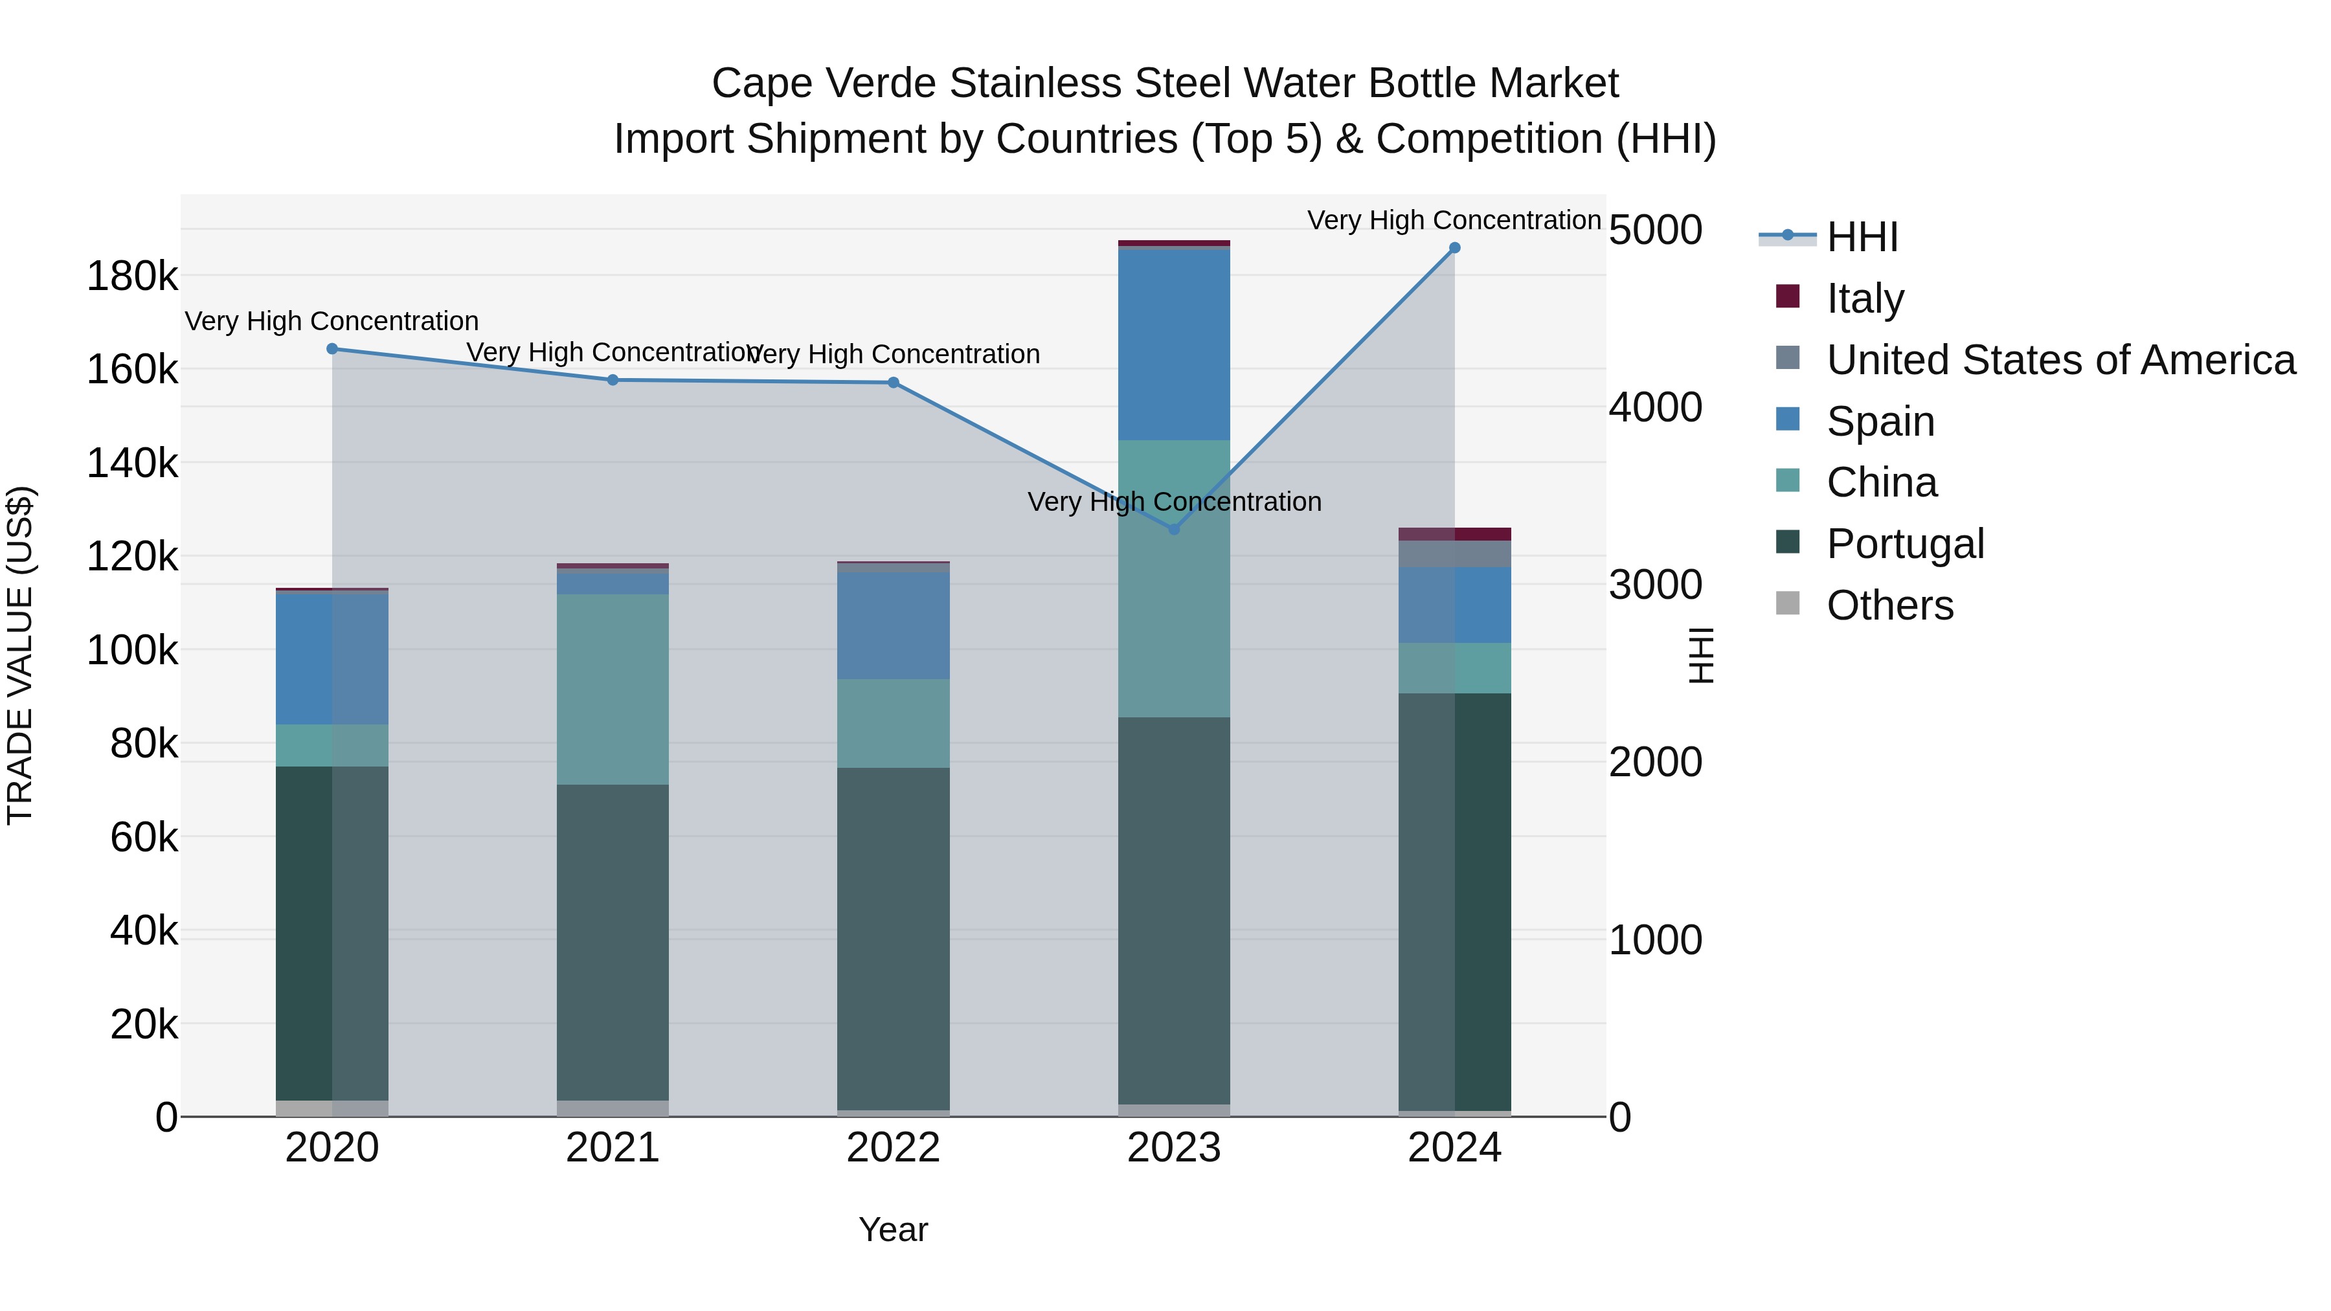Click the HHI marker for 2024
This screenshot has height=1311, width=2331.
pos(1454,248)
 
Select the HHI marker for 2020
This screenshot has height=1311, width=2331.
pos(332,349)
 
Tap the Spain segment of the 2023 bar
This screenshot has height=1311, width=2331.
pos(1174,344)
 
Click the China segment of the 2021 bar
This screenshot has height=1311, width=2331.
pos(613,689)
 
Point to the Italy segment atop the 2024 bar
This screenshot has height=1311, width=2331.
pos(1454,534)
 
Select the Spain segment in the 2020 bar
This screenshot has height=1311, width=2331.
pos(332,658)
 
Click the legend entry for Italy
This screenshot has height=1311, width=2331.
pos(1864,298)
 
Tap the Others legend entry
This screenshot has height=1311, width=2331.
pos(1889,605)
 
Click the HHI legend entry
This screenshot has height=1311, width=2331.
pos(1862,237)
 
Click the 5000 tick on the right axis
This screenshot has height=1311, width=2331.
pos(1655,230)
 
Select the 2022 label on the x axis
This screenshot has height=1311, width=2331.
pos(893,1148)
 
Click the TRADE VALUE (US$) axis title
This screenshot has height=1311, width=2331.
pos(21,655)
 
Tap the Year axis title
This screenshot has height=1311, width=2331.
pos(893,1229)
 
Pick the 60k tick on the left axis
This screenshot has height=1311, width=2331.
pos(144,837)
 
